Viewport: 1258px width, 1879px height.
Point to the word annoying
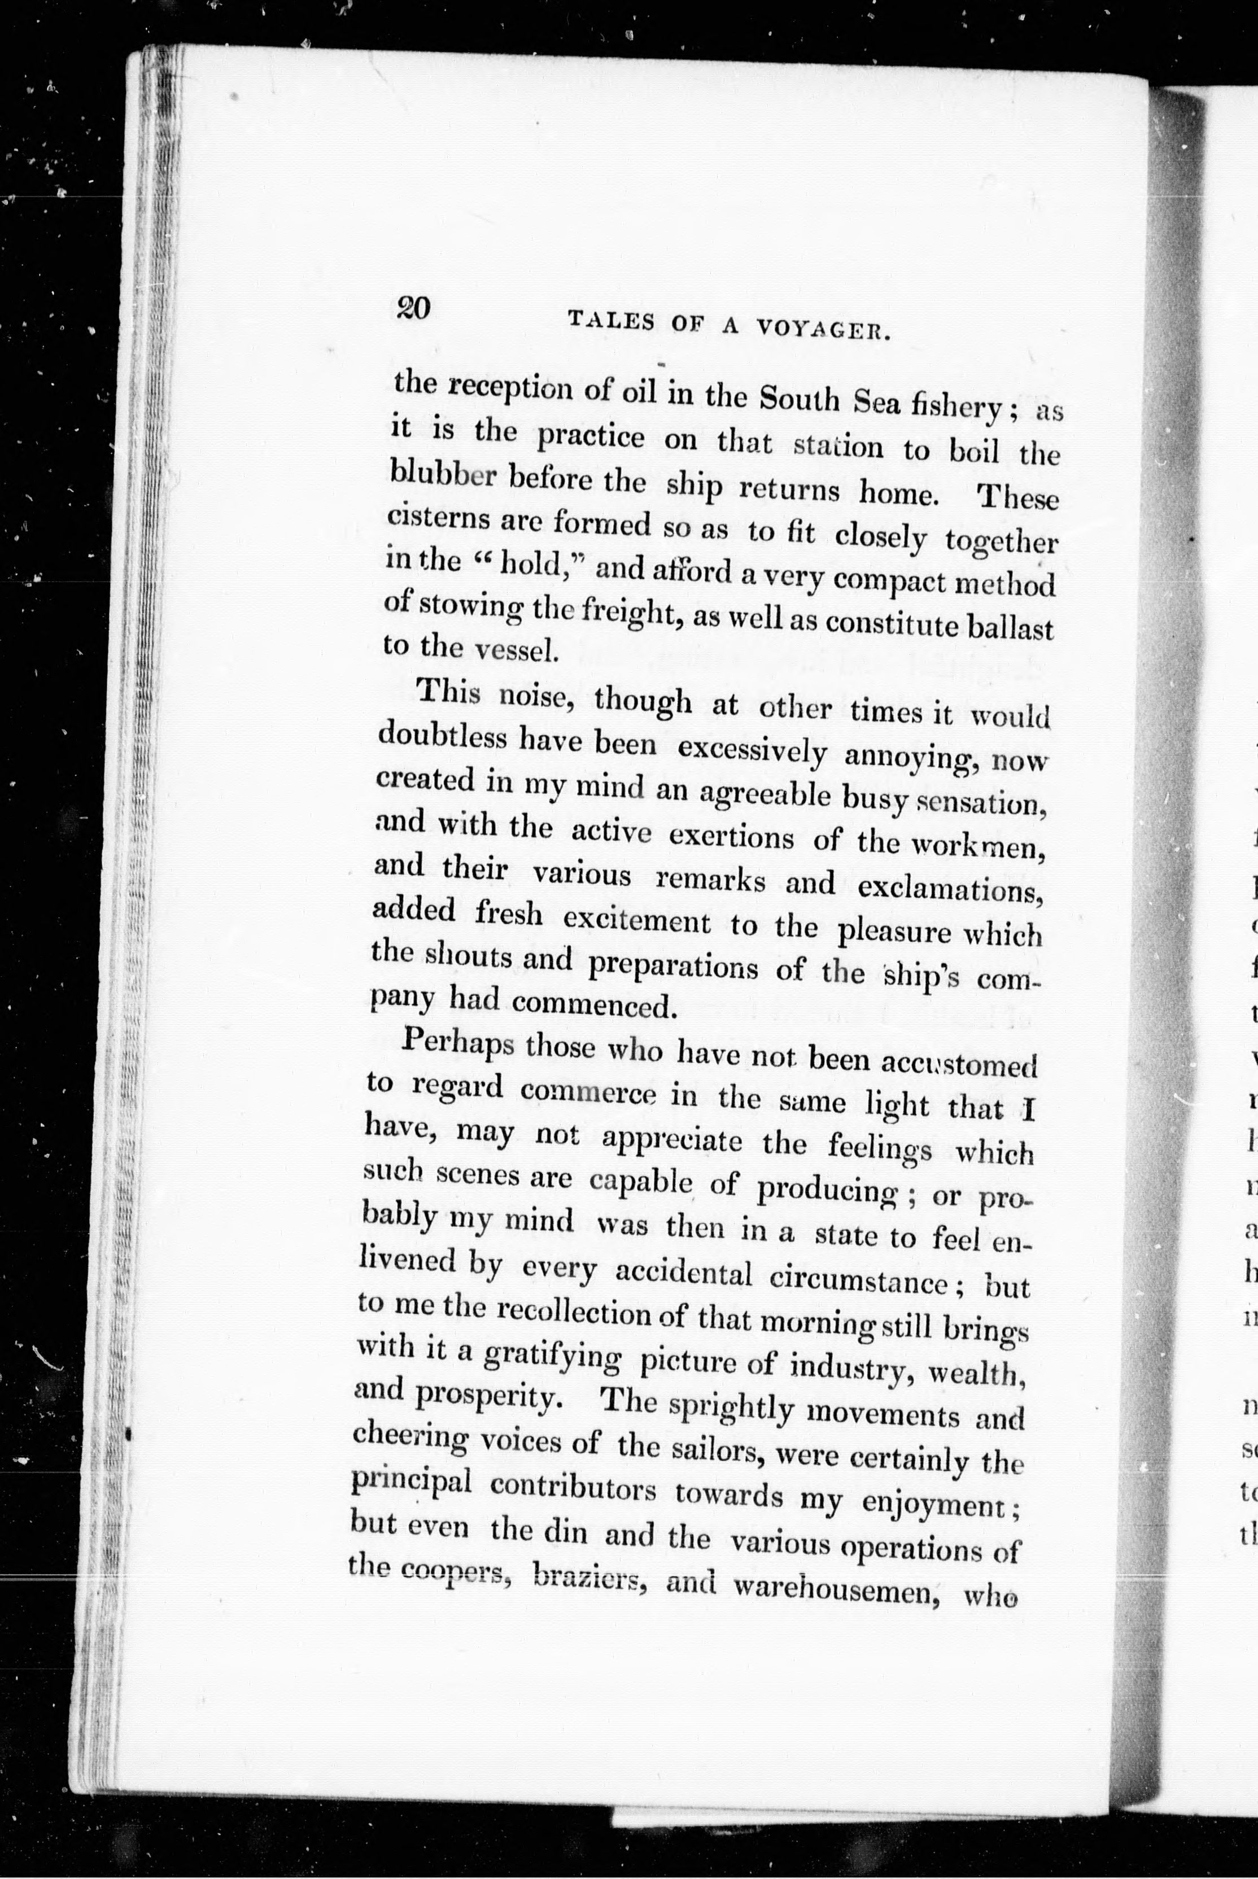click(x=911, y=757)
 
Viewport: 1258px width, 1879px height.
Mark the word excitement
click(x=636, y=921)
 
